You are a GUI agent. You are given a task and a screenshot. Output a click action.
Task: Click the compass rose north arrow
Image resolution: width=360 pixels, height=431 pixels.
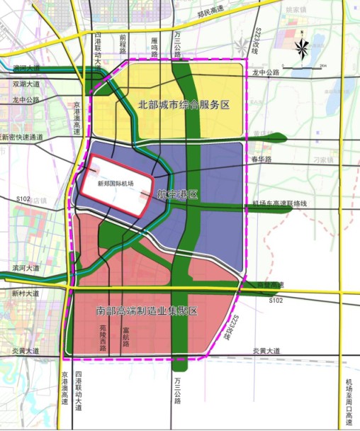click(303, 47)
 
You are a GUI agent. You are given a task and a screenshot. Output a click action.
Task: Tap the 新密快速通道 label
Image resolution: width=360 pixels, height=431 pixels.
click(22, 138)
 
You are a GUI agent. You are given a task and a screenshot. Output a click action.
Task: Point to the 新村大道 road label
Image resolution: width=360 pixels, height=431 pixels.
click(23, 293)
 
